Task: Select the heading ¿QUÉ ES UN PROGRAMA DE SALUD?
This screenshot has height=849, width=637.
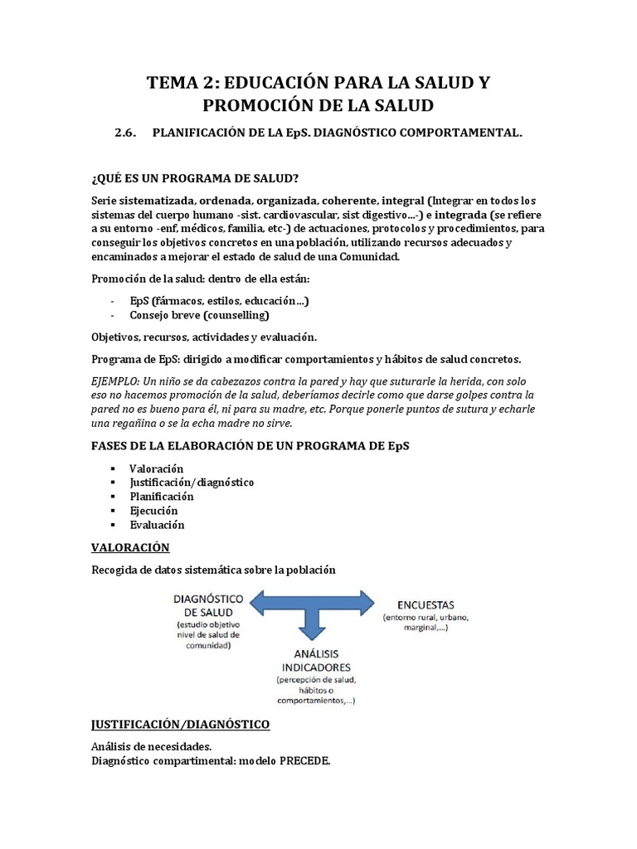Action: click(x=195, y=180)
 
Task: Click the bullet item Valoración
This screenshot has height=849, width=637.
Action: click(x=157, y=468)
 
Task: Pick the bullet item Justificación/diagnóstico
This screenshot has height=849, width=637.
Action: click(x=192, y=483)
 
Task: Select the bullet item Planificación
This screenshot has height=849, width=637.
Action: click(x=162, y=497)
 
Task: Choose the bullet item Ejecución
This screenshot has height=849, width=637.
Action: click(x=153, y=511)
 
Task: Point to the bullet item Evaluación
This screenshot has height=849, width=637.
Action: click(x=157, y=525)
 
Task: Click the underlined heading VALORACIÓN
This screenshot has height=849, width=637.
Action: click(x=130, y=548)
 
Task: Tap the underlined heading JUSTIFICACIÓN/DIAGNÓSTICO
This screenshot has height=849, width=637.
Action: click(x=180, y=725)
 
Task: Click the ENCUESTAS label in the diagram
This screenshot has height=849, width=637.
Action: click(x=419, y=604)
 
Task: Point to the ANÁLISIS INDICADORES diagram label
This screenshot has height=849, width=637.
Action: click(x=314, y=660)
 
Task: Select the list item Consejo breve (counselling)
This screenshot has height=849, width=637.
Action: click(x=199, y=315)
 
